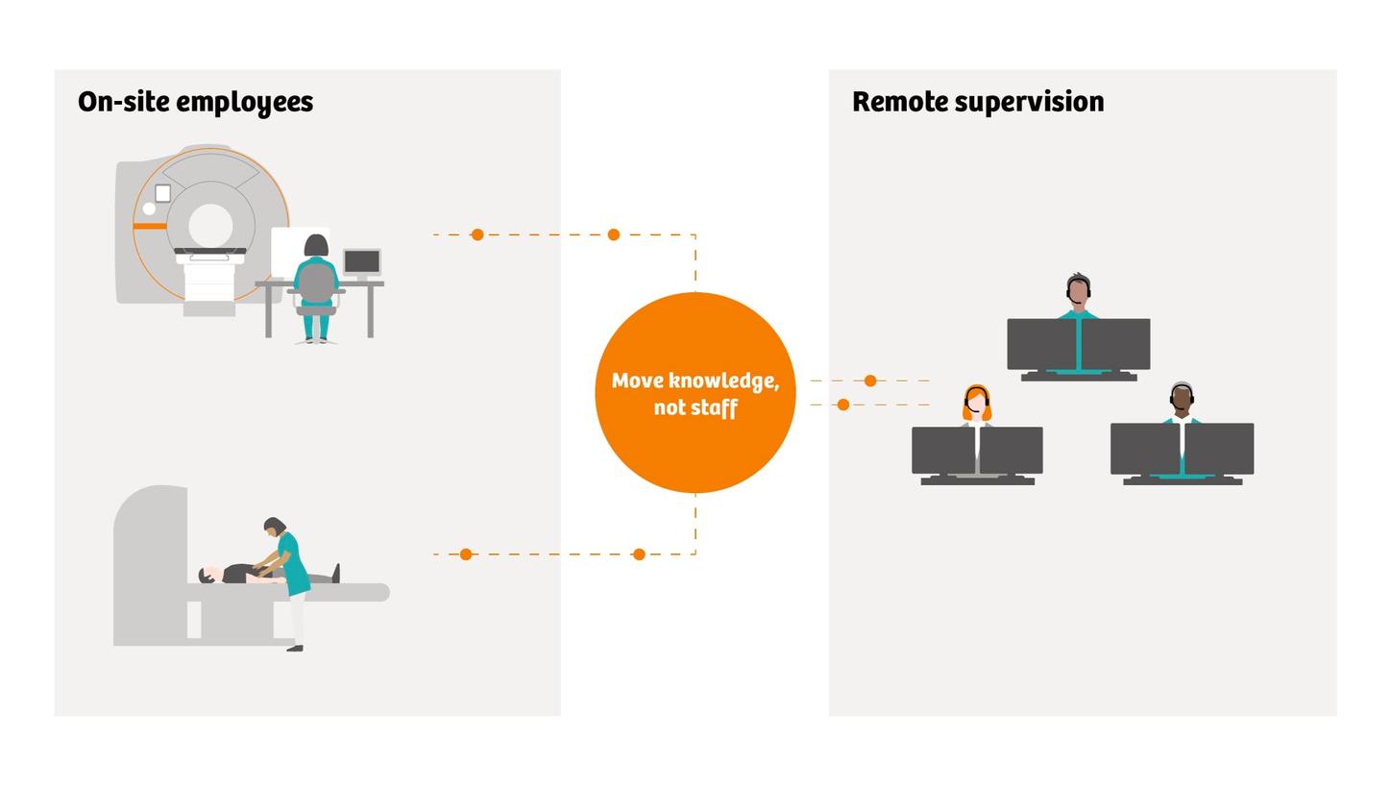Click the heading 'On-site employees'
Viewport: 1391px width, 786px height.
[x=195, y=103]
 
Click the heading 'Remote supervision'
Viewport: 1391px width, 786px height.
[x=978, y=102]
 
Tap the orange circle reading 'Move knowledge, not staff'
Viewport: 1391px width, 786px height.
[x=695, y=393]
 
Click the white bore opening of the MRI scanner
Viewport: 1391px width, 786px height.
[x=210, y=225]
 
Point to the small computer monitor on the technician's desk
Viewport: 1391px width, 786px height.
[x=362, y=262]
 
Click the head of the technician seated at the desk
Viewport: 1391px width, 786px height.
[x=316, y=245]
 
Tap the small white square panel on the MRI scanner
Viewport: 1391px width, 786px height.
[x=162, y=193]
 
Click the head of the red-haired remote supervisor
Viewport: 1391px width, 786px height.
[x=977, y=404]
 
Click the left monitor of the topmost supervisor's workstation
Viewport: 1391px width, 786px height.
[x=1041, y=344]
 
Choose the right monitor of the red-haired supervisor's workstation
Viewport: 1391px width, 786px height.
[x=1011, y=451]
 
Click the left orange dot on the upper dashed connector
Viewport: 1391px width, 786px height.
[x=476, y=234]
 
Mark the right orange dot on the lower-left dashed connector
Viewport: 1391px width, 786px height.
[x=639, y=554]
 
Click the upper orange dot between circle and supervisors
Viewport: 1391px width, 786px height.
[x=870, y=381]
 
